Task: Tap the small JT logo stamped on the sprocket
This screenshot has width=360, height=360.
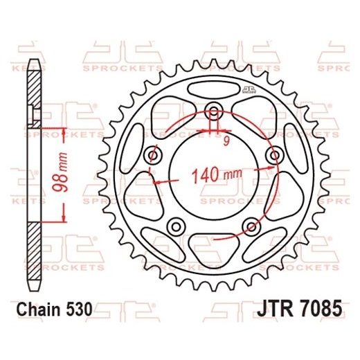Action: point(268,92)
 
